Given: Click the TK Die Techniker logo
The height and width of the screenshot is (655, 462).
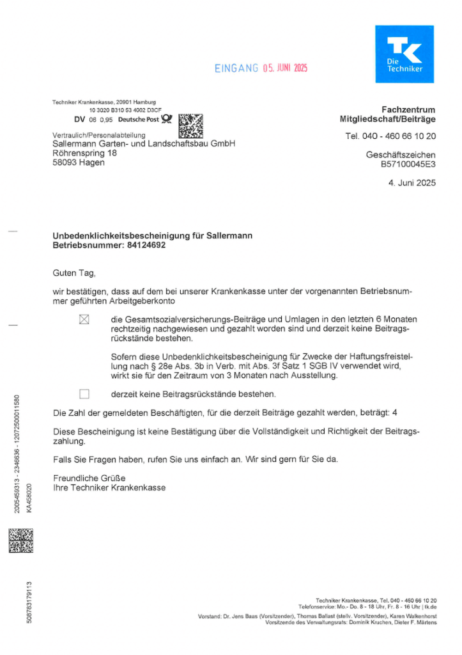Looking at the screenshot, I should (x=404, y=54).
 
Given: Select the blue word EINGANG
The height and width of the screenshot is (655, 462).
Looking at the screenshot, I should (x=236, y=68).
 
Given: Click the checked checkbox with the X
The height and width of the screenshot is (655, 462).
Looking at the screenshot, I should (x=84, y=319).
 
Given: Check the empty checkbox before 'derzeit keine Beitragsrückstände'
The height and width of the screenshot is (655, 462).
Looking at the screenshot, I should (x=84, y=393).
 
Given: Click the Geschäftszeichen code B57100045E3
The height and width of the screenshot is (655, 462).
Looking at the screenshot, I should (x=408, y=164).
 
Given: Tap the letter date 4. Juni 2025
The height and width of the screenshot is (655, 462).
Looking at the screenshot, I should (x=412, y=183).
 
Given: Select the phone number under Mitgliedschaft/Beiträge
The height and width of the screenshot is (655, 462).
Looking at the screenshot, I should (x=390, y=136).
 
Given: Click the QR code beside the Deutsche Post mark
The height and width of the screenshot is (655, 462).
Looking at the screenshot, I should (x=190, y=125).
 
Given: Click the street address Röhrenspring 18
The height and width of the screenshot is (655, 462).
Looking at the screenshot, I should (x=84, y=154).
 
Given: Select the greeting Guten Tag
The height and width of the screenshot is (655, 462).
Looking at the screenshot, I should (x=73, y=273).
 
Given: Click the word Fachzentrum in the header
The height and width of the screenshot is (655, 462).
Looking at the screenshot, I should (x=408, y=110).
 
